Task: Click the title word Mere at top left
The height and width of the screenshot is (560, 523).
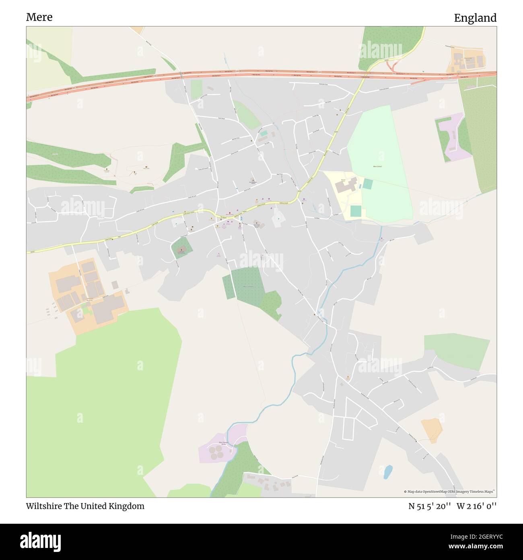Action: click(39, 17)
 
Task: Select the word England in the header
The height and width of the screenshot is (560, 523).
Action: click(475, 18)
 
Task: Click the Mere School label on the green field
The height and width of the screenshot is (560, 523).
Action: click(377, 166)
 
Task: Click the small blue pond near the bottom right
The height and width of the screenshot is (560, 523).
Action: click(388, 472)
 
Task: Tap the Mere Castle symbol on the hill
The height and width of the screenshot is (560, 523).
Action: click(146, 167)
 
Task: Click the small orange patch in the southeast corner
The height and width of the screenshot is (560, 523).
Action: click(432, 430)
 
